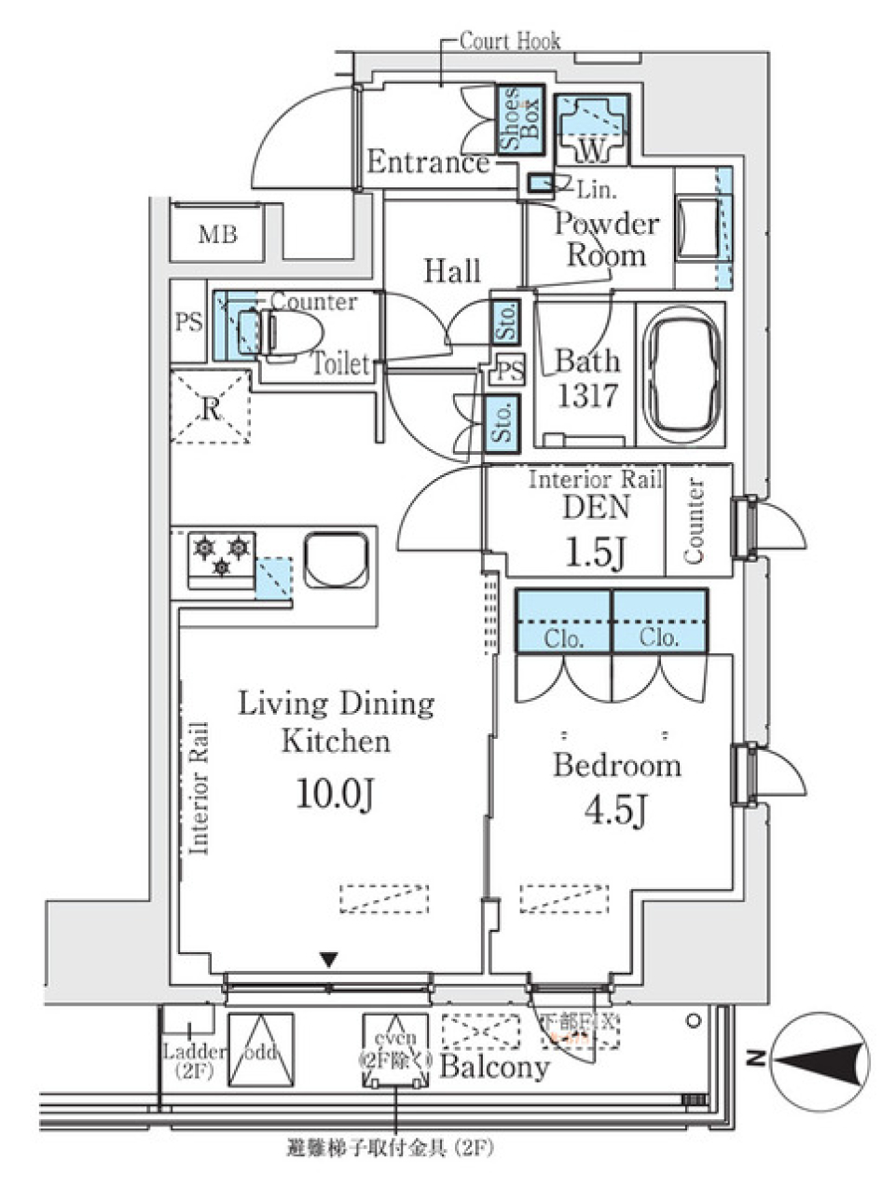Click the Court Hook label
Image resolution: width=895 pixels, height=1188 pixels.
[510, 41]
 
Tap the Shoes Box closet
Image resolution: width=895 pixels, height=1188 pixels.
[519, 118]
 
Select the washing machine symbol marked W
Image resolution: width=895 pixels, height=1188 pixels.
[592, 130]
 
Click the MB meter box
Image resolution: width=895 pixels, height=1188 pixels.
[217, 235]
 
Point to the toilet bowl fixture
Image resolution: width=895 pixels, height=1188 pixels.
[291, 332]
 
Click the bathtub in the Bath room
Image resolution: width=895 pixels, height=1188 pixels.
[682, 374]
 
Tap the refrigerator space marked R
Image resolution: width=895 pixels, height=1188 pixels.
[211, 407]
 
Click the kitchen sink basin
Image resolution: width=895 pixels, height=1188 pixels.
[336, 560]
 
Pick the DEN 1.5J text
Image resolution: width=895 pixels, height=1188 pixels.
[596, 529]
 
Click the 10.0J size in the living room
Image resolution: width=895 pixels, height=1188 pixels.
[336, 794]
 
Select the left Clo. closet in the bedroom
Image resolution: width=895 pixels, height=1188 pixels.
[563, 621]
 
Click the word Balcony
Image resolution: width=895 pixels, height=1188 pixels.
[493, 1066]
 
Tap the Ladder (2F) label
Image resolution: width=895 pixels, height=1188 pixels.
[194, 1061]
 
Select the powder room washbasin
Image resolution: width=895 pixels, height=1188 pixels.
[693, 227]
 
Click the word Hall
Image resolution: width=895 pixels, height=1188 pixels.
[452, 271]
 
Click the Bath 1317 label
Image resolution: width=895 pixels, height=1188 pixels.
[587, 377]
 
